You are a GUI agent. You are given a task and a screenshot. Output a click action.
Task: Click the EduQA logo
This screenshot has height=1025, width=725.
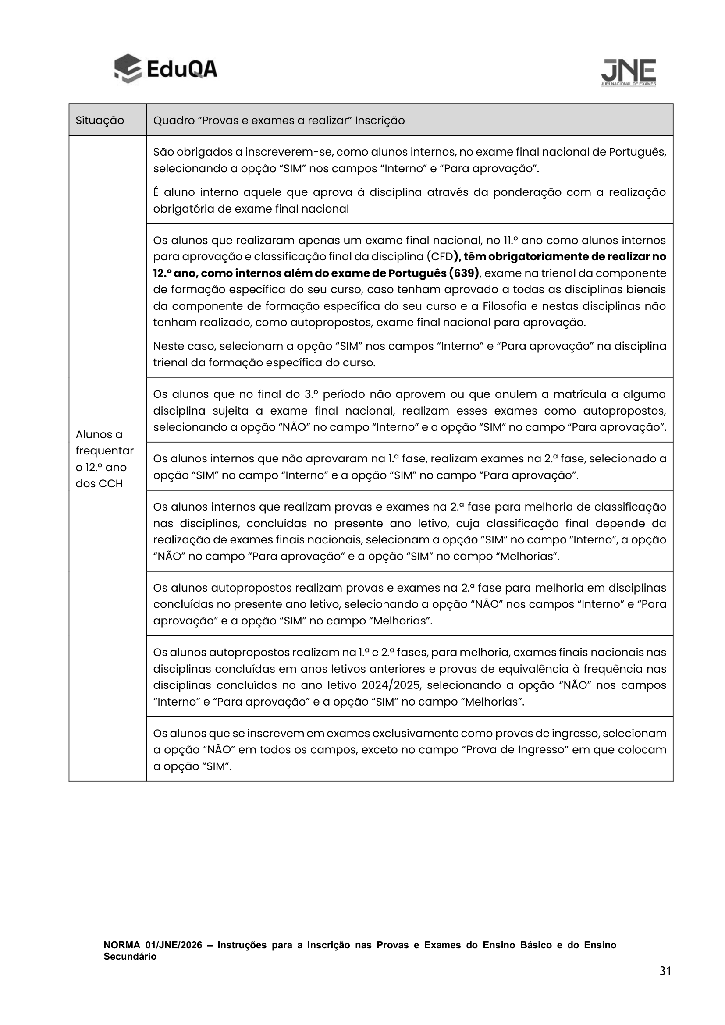(x=166, y=69)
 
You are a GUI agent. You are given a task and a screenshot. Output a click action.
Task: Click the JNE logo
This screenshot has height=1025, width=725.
(x=629, y=72)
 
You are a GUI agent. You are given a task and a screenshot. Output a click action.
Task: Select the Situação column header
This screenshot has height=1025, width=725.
(x=100, y=121)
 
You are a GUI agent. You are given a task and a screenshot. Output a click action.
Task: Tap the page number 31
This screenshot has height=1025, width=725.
(x=665, y=971)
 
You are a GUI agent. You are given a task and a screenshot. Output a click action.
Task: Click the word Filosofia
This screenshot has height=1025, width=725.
(x=498, y=306)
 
